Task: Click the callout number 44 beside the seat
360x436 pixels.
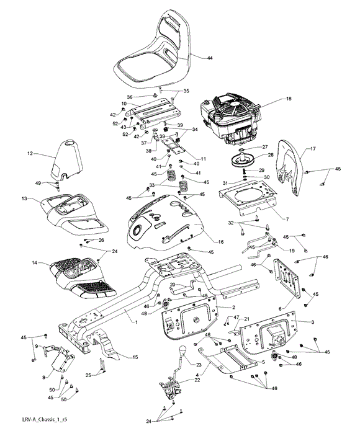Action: point(210,58)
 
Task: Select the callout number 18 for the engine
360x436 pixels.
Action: point(289,99)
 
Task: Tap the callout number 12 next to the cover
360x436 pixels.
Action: point(30,153)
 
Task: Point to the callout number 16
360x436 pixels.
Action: point(220,242)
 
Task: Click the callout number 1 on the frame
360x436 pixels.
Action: point(137,323)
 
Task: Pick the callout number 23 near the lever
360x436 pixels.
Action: point(199,365)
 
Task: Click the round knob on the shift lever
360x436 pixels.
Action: point(182,349)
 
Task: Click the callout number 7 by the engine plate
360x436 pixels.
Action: point(287,220)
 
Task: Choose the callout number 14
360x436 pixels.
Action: point(34,262)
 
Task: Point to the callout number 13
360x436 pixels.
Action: point(24,198)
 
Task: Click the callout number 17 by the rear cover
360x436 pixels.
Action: point(313,149)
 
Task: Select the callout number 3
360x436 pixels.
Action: point(313,322)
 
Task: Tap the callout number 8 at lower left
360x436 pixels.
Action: point(43,377)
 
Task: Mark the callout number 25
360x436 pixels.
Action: point(88,375)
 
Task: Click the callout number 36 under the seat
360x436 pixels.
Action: point(130,97)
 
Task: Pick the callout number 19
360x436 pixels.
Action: point(292,251)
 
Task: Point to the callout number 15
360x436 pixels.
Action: point(135,357)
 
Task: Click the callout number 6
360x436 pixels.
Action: point(280,308)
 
